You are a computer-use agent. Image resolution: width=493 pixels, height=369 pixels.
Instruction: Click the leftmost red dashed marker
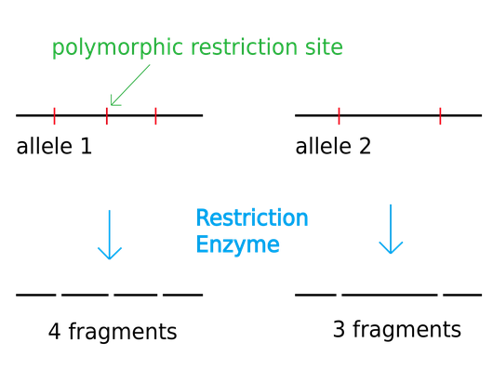pyautogui.click(x=54, y=117)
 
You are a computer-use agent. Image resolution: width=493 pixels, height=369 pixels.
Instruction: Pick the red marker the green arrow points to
pyautogui.click(x=106, y=117)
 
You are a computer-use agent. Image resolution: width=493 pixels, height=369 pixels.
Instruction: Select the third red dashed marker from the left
pyautogui.click(x=156, y=117)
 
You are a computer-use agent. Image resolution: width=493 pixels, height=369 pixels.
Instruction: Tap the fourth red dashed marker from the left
pyautogui.click(x=339, y=117)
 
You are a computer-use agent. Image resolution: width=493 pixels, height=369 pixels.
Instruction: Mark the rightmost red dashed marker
pyautogui.click(x=441, y=117)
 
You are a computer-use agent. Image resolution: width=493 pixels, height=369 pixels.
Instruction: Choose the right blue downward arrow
pyautogui.click(x=391, y=229)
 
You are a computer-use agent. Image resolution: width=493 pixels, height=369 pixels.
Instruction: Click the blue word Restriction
pyautogui.click(x=251, y=218)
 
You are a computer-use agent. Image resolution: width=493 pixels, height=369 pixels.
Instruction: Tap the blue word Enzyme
pyautogui.click(x=237, y=245)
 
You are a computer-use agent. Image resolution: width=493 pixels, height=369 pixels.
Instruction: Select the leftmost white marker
pyautogui.click(x=59, y=296)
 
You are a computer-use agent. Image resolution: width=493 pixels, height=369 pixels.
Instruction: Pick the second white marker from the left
pyautogui.click(x=111, y=296)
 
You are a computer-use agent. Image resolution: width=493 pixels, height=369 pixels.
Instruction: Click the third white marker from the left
pyautogui.click(x=161, y=296)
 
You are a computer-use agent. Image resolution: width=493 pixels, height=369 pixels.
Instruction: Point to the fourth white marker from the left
pyautogui.click(x=339, y=296)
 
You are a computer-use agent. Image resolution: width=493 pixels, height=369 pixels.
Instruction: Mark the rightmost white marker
pyautogui.click(x=441, y=296)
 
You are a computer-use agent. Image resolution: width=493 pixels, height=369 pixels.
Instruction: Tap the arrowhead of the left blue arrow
pyautogui.click(x=110, y=254)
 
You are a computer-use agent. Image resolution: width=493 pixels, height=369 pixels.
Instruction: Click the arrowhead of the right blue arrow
pyautogui.click(x=391, y=248)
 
